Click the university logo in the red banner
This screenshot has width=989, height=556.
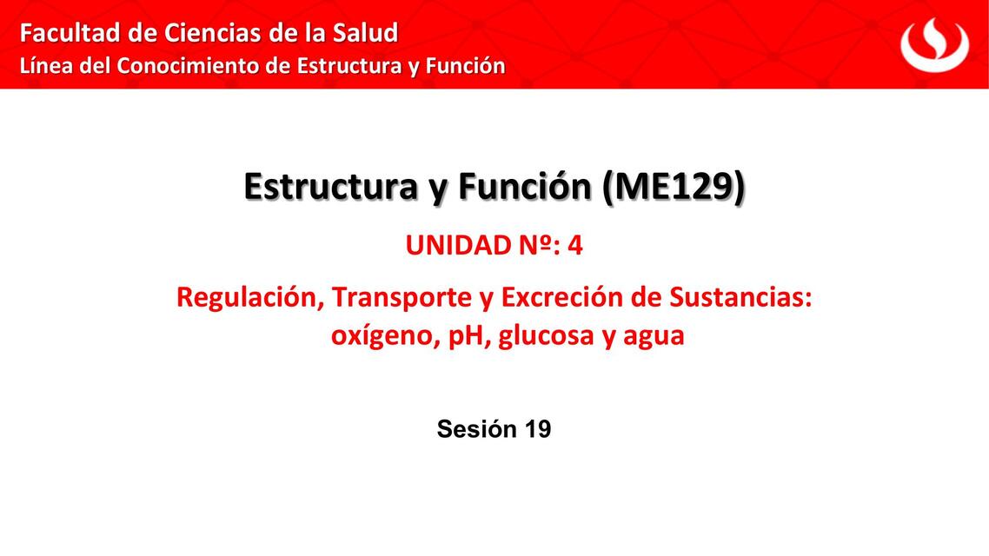pos(934,44)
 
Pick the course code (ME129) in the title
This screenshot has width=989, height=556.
pos(674,187)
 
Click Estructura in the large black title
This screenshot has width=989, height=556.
pos(329,187)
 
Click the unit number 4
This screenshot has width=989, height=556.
pos(575,246)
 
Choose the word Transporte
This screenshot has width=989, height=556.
pos(402,297)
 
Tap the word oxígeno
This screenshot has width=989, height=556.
pos(381,335)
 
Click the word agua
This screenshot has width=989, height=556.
pos(654,335)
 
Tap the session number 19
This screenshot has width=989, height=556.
pos(536,428)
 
